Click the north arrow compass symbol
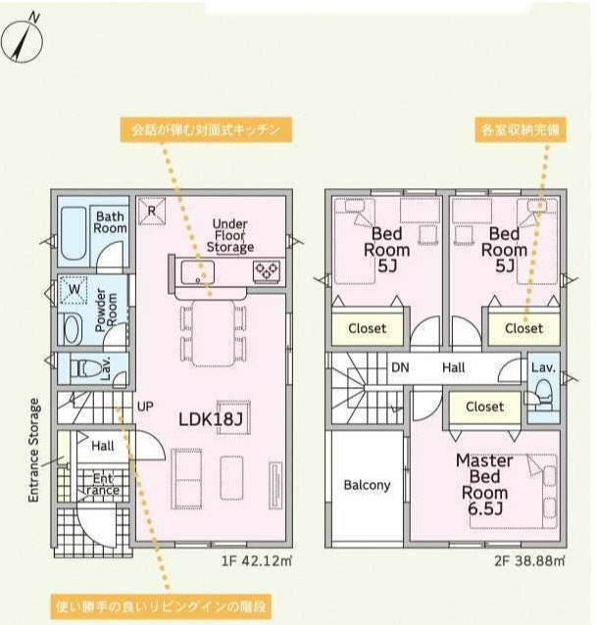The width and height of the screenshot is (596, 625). (22, 41)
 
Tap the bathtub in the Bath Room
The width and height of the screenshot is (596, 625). (74, 233)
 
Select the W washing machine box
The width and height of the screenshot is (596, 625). (74, 289)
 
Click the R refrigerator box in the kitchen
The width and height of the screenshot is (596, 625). (152, 211)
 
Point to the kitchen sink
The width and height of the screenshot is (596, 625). (197, 272)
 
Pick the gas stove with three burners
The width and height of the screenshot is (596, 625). (268, 271)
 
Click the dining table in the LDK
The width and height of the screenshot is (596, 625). (214, 333)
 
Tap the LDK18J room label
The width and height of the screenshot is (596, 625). (210, 419)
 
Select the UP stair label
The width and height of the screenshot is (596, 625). (145, 407)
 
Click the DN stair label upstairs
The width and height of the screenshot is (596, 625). (400, 367)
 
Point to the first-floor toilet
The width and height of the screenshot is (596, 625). (85, 368)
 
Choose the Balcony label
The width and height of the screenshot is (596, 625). (367, 485)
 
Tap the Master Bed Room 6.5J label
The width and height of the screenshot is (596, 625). (484, 485)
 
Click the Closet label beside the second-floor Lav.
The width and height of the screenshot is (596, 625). (484, 407)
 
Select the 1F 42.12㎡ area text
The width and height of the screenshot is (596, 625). (257, 560)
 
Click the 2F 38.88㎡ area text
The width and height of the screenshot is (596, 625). (529, 560)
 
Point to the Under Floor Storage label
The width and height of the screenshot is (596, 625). (230, 235)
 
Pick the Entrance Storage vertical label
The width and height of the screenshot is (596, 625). (34, 450)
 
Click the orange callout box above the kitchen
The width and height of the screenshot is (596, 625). (206, 129)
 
